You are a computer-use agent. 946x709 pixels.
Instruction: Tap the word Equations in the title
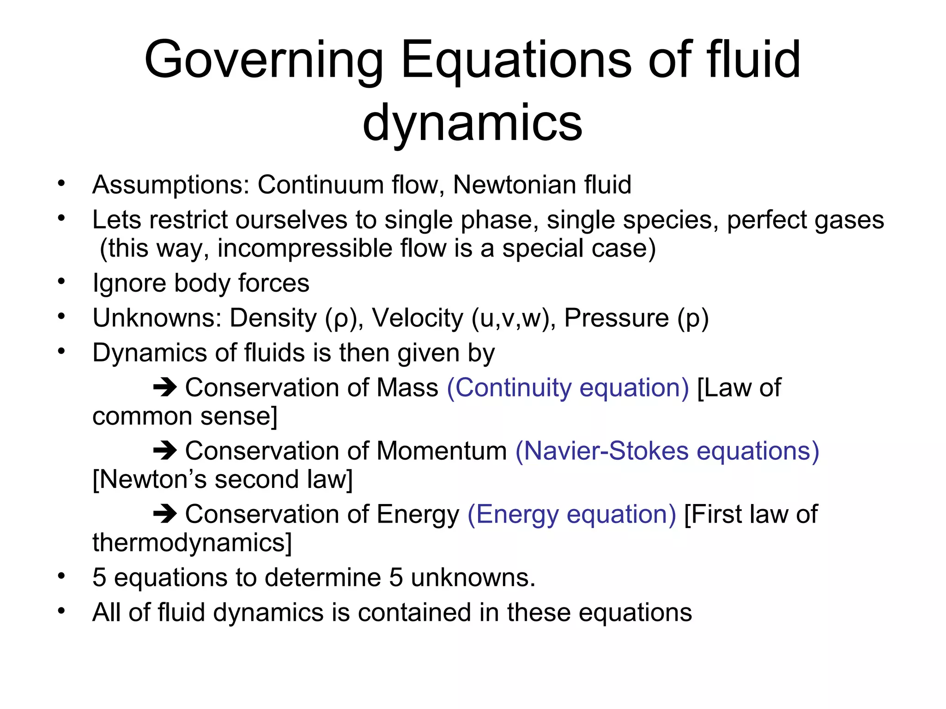click(x=516, y=60)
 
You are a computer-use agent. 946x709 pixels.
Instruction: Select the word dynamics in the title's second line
click(x=472, y=123)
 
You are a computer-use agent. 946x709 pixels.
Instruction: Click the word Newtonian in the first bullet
click(x=514, y=185)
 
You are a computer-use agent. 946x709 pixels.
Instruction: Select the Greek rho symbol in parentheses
click(x=341, y=318)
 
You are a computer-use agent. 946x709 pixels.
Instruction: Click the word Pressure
click(x=616, y=318)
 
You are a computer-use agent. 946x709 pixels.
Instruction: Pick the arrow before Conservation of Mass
click(x=165, y=388)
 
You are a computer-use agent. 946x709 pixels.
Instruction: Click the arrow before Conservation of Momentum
click(x=165, y=451)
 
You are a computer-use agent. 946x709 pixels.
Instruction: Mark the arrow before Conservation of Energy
click(x=165, y=514)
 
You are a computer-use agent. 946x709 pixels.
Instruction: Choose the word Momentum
click(x=442, y=451)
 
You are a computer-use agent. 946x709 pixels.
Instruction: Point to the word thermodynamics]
click(x=192, y=543)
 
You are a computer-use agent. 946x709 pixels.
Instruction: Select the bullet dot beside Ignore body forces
click(x=61, y=281)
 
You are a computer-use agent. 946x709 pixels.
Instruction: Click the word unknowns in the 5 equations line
click(x=473, y=577)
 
